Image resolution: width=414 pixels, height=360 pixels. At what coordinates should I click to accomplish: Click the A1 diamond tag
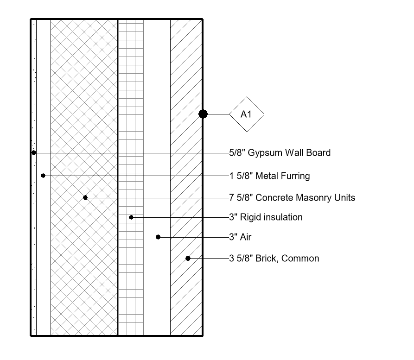pos(246,114)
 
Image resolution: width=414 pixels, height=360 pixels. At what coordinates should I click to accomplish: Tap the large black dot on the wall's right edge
pos(203,114)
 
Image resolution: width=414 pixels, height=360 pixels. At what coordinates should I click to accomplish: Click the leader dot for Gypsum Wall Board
pos(33,152)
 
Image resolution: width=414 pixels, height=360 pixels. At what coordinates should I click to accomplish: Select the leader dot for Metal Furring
pos(43,176)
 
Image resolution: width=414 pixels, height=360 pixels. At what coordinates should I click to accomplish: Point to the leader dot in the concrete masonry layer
pos(85,198)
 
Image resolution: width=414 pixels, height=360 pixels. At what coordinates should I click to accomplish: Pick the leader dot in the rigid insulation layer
pos(131,217)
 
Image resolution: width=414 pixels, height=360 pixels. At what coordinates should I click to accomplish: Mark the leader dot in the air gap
pos(158,237)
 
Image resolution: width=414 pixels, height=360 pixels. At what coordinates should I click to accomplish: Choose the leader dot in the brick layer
pos(188,258)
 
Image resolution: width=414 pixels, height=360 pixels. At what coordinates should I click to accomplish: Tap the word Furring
pos(294,176)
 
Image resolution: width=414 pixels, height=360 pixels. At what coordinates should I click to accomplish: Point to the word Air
pos(245,237)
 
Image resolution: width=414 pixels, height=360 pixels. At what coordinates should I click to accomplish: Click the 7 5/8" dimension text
pos(241,198)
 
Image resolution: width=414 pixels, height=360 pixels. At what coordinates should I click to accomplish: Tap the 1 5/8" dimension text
pos(241,176)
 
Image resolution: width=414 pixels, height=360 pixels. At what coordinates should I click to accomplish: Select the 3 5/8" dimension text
pos(241,259)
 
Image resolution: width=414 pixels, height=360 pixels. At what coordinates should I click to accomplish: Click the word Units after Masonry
pos(344,198)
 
